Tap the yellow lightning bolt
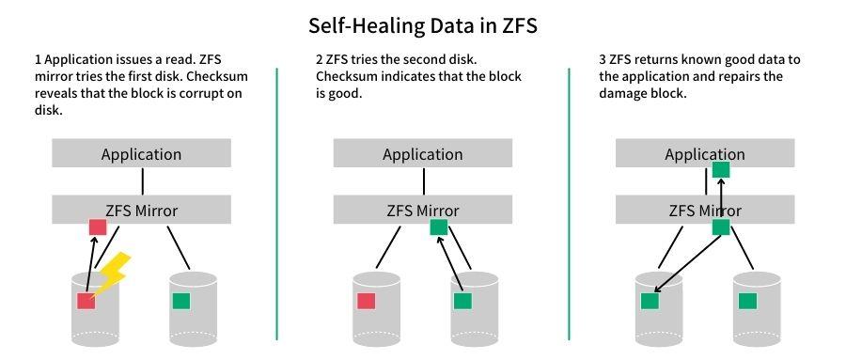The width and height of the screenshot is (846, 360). (x=114, y=273)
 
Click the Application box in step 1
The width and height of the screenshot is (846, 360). (x=141, y=154)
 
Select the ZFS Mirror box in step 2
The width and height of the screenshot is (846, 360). (x=423, y=210)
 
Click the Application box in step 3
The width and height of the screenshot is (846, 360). (x=705, y=154)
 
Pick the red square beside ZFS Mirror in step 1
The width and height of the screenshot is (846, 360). (x=97, y=227)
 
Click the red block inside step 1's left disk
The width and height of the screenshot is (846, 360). (x=86, y=301)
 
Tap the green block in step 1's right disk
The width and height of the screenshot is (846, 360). (x=181, y=301)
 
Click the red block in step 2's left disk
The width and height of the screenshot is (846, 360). (x=367, y=301)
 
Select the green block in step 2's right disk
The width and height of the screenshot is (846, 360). (x=462, y=301)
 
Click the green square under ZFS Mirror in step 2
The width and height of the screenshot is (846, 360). (x=439, y=227)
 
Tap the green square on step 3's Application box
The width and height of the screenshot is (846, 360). (x=721, y=169)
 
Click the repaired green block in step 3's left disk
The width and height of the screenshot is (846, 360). (x=650, y=301)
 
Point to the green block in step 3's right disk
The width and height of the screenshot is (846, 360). (x=747, y=301)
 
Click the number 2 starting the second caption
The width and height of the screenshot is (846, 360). (x=320, y=59)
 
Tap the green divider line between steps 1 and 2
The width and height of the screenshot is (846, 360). (x=277, y=202)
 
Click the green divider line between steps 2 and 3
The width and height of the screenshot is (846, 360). (x=569, y=202)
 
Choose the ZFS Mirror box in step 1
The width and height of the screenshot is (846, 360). (x=141, y=210)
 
